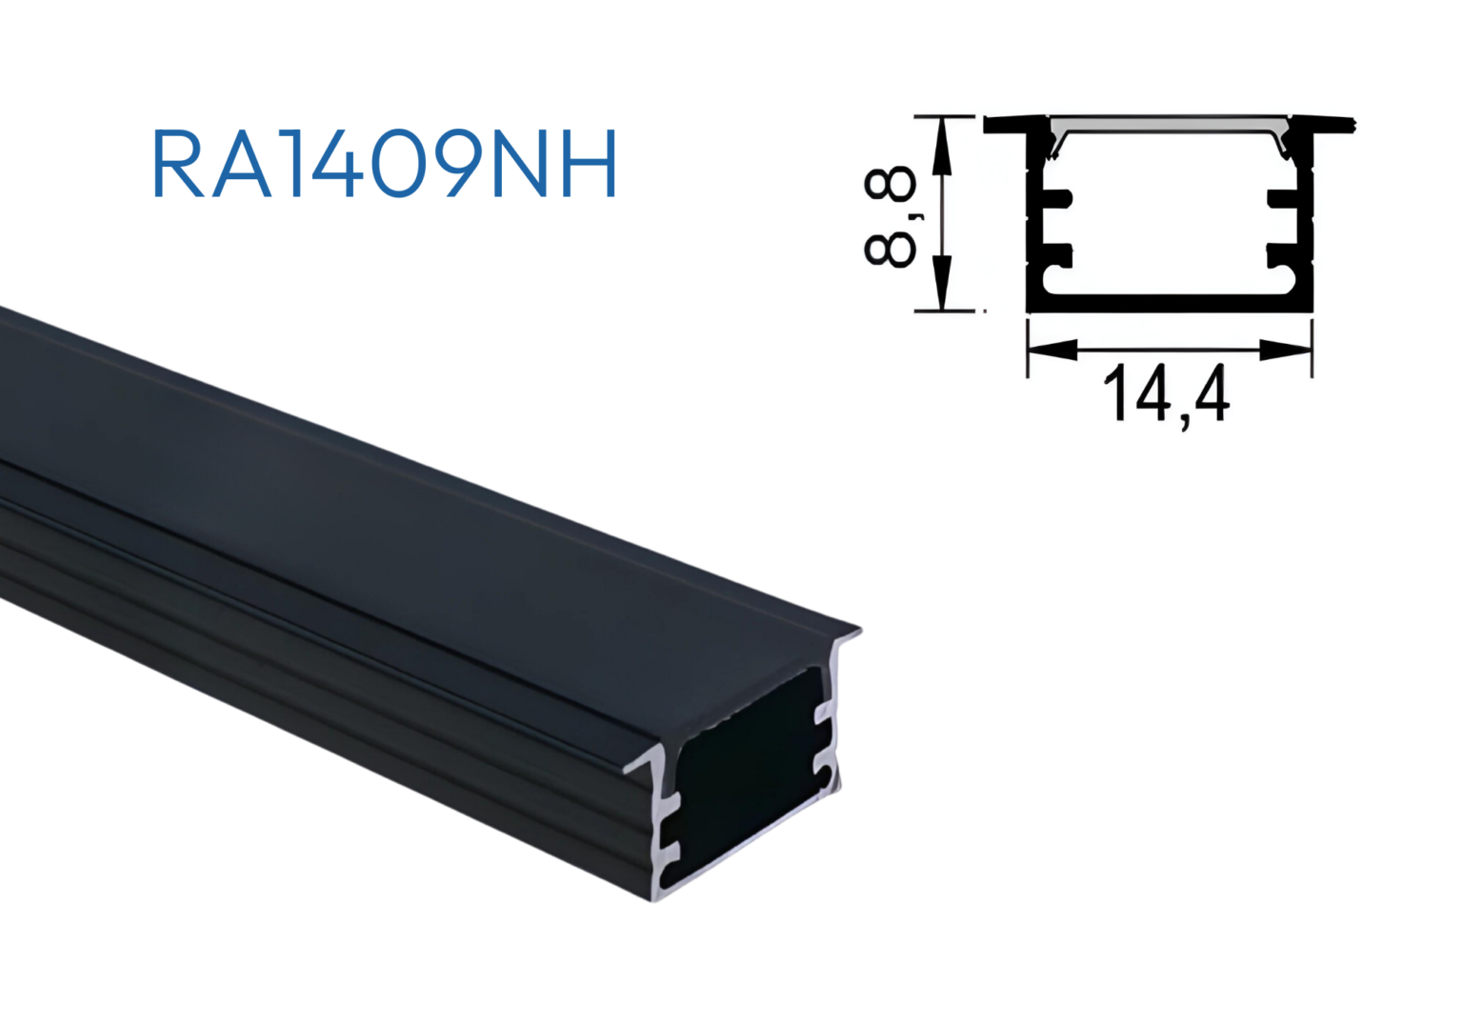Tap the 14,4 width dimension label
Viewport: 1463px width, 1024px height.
(x=1166, y=394)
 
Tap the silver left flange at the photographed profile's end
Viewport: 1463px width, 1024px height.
(x=648, y=762)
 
